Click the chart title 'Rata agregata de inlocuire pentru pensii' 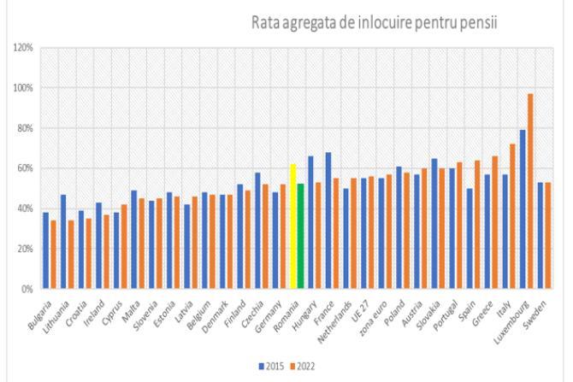[x=374, y=22]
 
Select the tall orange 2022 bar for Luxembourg [x=530, y=191]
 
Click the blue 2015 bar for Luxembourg [x=522, y=209]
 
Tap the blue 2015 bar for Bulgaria [x=45, y=250]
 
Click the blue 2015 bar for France [x=328, y=220]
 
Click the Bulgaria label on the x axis [x=38, y=315]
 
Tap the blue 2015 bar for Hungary [x=310, y=222]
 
